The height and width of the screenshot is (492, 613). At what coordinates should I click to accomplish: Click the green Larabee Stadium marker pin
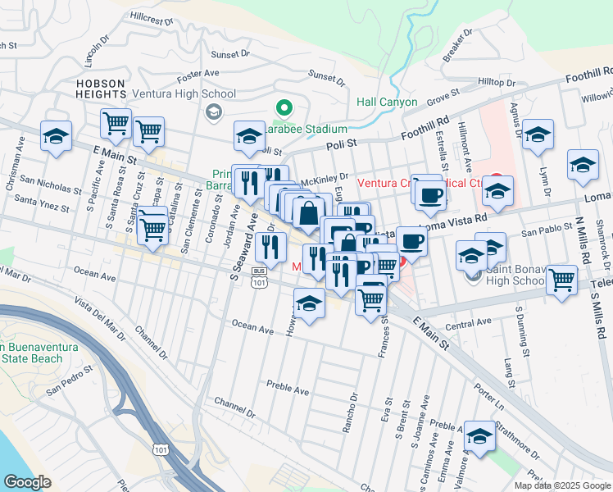[284, 107]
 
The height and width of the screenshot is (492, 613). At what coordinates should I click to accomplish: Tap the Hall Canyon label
[387, 102]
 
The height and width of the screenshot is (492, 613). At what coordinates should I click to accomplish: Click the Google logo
[27, 481]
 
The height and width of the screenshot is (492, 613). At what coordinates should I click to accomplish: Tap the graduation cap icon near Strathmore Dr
[479, 435]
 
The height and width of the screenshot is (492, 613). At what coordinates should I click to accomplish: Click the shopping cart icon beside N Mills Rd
[561, 280]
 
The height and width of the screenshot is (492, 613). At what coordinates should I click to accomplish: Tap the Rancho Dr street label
[353, 410]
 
